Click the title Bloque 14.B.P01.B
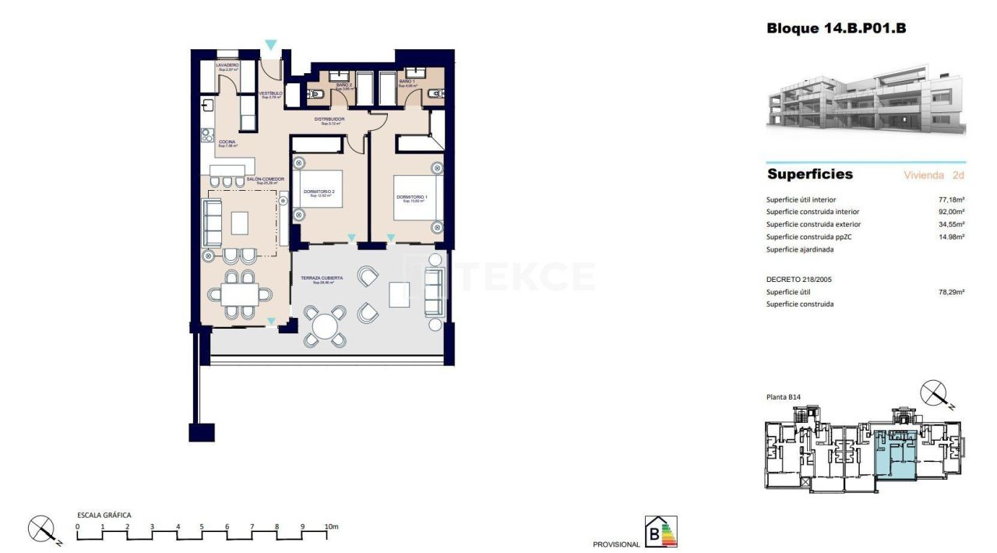(836, 29)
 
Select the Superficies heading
(809, 174)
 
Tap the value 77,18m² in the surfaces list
(951, 199)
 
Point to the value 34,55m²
(951, 224)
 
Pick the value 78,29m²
(951, 292)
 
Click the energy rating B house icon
(661, 532)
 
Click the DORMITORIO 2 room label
(322, 192)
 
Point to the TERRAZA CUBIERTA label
(323, 277)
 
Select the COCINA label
(227, 142)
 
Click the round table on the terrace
(325, 324)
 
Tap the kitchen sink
(208, 107)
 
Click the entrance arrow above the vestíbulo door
(270, 45)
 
